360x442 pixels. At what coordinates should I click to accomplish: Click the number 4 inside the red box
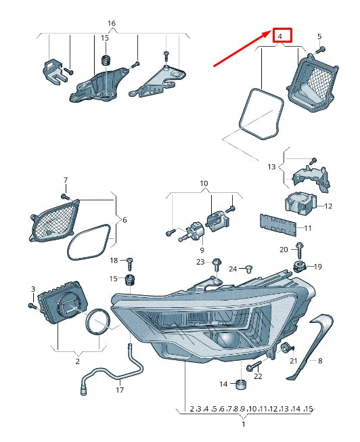click(x=282, y=35)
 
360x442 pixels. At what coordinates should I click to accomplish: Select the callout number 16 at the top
click(x=112, y=23)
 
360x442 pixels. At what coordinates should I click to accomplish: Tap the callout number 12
click(x=328, y=206)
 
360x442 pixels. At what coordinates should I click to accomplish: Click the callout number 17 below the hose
click(x=120, y=390)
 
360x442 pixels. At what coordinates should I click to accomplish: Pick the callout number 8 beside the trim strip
click(x=320, y=361)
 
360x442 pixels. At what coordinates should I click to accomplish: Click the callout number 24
click(x=233, y=269)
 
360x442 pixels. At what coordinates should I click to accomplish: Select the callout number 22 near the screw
click(x=258, y=376)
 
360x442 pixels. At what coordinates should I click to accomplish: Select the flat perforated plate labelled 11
click(x=279, y=224)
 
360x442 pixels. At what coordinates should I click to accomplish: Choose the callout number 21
click(x=293, y=361)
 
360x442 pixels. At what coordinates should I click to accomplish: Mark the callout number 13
click(x=271, y=167)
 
